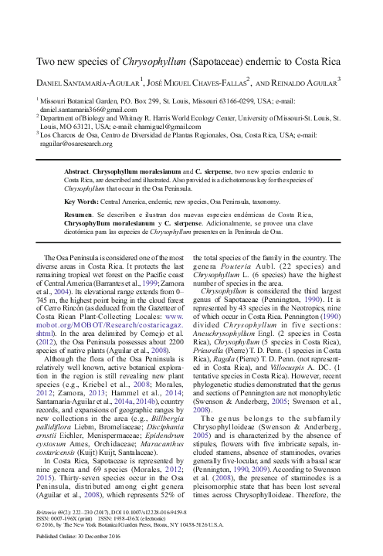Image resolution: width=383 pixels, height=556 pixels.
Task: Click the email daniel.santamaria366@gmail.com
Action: coord(86,110)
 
